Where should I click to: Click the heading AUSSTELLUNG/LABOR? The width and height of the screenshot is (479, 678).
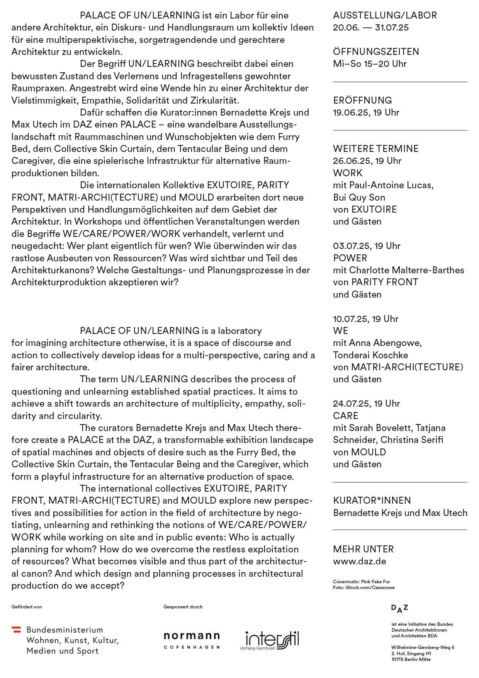385,15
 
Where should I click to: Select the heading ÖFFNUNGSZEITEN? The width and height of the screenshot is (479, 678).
376,52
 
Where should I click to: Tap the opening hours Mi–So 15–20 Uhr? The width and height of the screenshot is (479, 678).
370,64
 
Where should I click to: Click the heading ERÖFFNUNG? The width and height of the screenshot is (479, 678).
362,101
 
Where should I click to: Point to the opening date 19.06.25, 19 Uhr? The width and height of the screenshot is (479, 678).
366,112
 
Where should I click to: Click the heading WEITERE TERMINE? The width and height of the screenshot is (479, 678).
375,149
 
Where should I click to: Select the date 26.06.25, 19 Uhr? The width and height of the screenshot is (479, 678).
367,161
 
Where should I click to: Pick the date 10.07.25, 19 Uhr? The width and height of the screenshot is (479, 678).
365,319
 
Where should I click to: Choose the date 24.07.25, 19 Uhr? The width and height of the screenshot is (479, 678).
367,404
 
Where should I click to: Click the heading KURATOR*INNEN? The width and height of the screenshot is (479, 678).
372,501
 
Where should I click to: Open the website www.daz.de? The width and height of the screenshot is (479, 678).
359,561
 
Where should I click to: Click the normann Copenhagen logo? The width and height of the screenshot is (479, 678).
192,640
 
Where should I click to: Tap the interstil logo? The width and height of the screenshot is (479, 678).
269,641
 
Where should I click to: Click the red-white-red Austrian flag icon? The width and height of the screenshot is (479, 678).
16,630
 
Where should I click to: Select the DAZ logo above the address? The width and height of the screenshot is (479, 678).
399,609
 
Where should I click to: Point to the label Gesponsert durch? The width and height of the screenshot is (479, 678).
183,607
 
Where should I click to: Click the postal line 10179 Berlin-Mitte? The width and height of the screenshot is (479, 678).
411,659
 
